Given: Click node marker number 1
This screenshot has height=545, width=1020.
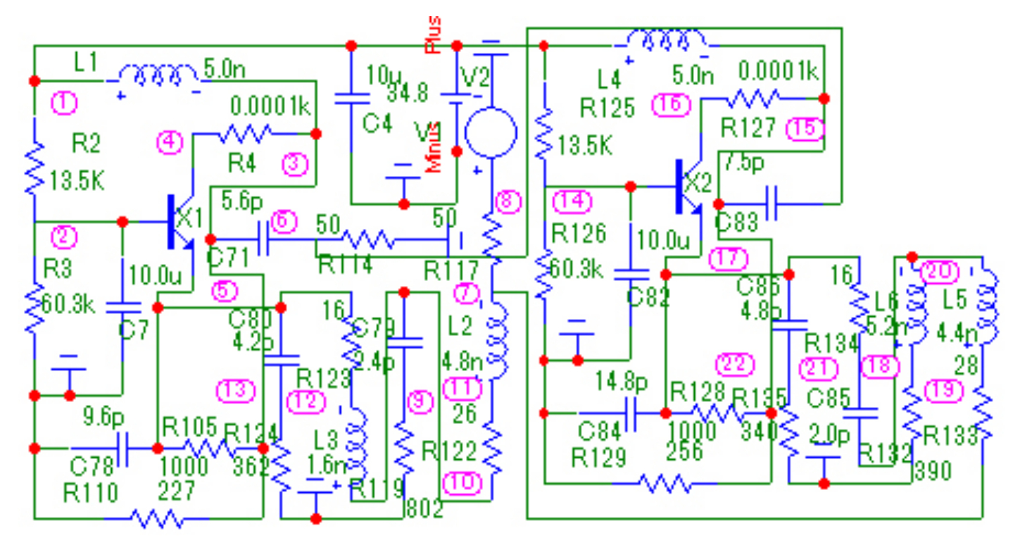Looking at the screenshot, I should tap(63, 104).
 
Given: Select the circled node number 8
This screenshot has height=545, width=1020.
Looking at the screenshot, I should tap(507, 202).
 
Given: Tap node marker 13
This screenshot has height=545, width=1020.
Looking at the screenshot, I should tap(235, 389).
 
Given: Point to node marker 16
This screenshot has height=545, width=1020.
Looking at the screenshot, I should tap(666, 105).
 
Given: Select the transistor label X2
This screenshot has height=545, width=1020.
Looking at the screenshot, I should tap(698, 184).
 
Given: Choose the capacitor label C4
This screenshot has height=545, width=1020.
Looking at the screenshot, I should tap(377, 125).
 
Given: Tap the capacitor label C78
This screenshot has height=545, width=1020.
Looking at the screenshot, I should tap(87, 468).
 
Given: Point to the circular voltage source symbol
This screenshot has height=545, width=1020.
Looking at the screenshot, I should tap(491, 133).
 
